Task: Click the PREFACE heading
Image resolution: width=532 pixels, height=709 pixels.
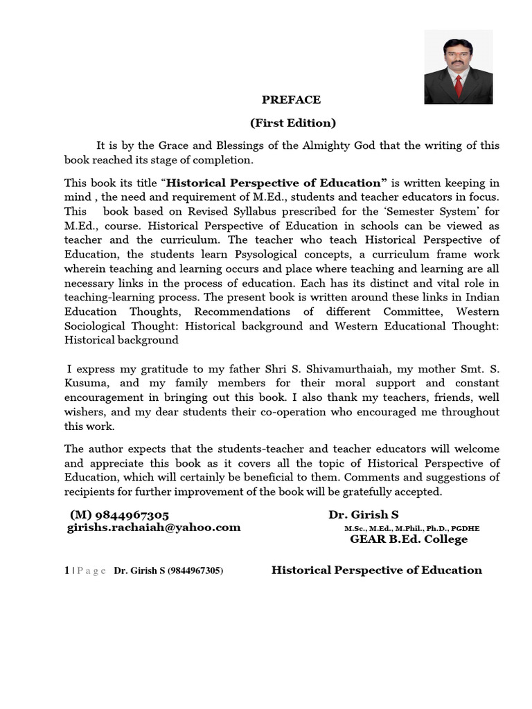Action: (291, 100)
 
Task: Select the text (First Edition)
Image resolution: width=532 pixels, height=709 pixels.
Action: (292, 123)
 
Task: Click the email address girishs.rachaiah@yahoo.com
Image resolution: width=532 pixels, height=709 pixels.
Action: (154, 528)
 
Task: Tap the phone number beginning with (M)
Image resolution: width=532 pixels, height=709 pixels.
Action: (119, 515)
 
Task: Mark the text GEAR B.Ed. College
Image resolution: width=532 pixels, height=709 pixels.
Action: (409, 539)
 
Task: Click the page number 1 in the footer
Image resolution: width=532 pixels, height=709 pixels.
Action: (66, 571)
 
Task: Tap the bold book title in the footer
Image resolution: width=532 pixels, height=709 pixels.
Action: (376, 570)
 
